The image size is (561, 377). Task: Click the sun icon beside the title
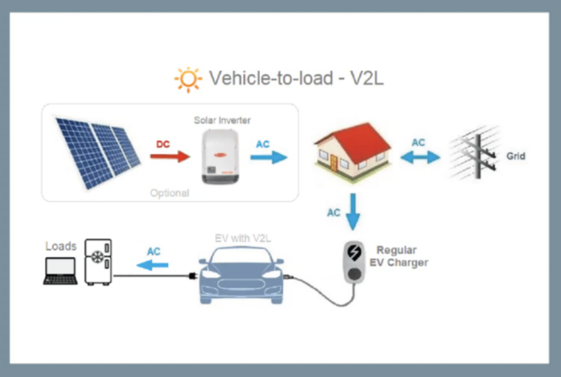(x=188, y=79)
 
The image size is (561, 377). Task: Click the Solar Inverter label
(x=222, y=120)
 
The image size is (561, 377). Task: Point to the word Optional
(x=170, y=193)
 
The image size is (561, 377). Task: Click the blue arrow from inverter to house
(x=268, y=157)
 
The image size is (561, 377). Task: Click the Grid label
(x=516, y=156)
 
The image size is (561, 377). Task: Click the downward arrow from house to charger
(x=353, y=211)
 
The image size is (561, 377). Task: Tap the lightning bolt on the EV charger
(x=355, y=253)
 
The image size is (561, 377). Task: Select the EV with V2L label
(x=242, y=239)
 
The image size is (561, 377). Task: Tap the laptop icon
(x=60, y=270)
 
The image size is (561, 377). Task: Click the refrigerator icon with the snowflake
(x=98, y=262)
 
